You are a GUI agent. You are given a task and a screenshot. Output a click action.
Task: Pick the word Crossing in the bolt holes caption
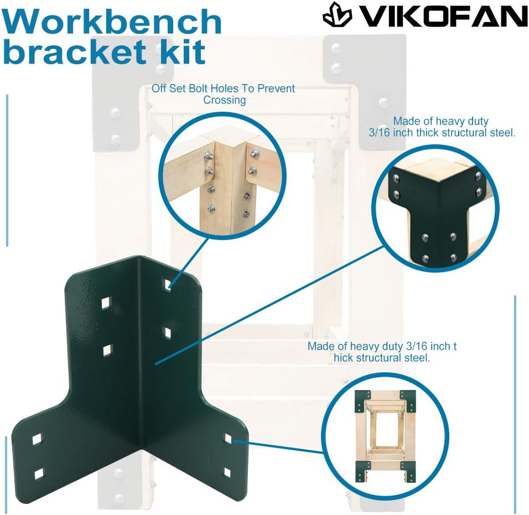click(x=225, y=100)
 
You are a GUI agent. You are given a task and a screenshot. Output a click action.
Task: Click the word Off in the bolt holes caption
click(x=160, y=89)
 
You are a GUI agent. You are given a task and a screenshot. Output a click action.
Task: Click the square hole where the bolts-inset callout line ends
click(x=168, y=285)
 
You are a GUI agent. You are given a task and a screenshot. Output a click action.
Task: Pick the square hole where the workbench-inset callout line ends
click(x=227, y=439)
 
